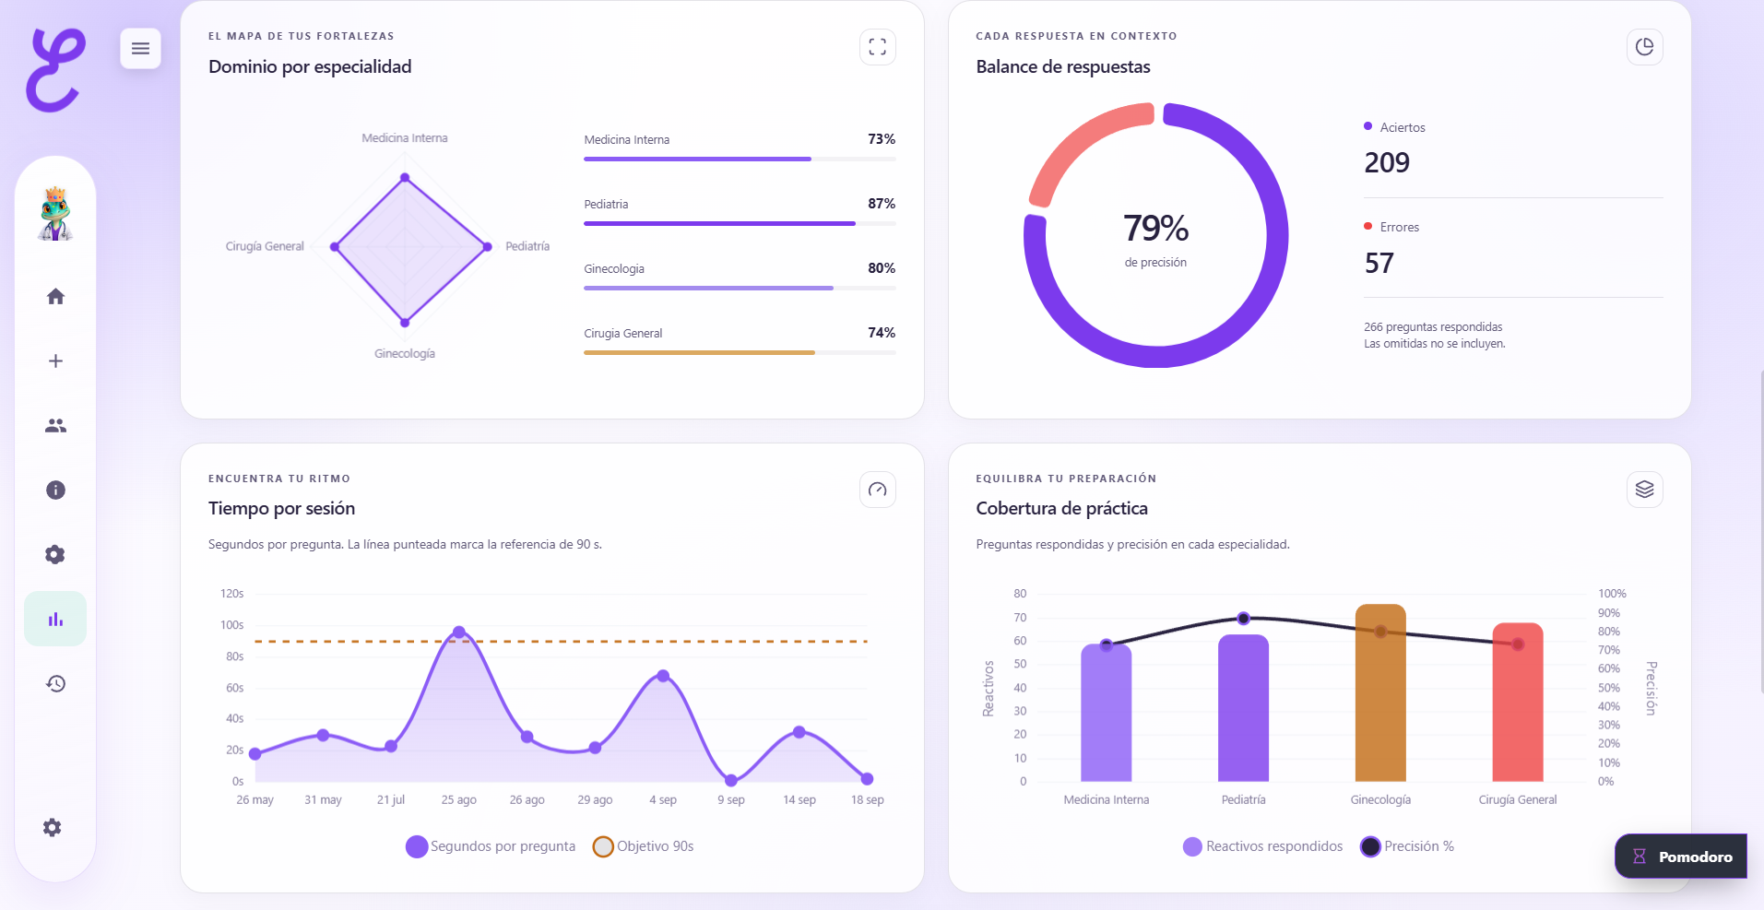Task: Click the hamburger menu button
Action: pyautogui.click(x=140, y=48)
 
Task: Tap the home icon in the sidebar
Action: pyautogui.click(x=55, y=296)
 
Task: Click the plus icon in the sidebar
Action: pyautogui.click(x=55, y=360)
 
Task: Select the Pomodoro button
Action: pyautogui.click(x=1681, y=857)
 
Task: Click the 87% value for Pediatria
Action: pyautogui.click(x=882, y=204)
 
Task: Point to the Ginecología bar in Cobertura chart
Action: pyautogui.click(x=1380, y=692)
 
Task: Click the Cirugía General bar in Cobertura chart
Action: pyautogui.click(x=1518, y=702)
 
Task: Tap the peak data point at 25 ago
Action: pyautogui.click(x=459, y=632)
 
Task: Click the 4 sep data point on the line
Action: pyautogui.click(x=663, y=676)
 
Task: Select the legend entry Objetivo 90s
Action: pyautogui.click(x=644, y=846)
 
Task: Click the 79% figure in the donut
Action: pyautogui.click(x=1155, y=228)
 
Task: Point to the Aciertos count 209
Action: pyautogui.click(x=1387, y=163)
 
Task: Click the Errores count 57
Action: pyautogui.click(x=1379, y=264)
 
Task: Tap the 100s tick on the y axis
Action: pyautogui.click(x=231, y=625)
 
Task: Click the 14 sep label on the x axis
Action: pyautogui.click(x=799, y=800)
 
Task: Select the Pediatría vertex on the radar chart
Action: pyautogui.click(x=488, y=246)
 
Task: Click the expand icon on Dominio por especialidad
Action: pyautogui.click(x=878, y=47)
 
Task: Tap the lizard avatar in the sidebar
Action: pyautogui.click(x=55, y=214)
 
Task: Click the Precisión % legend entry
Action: pyautogui.click(x=1407, y=846)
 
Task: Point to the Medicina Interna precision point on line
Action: pyautogui.click(x=1107, y=645)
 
